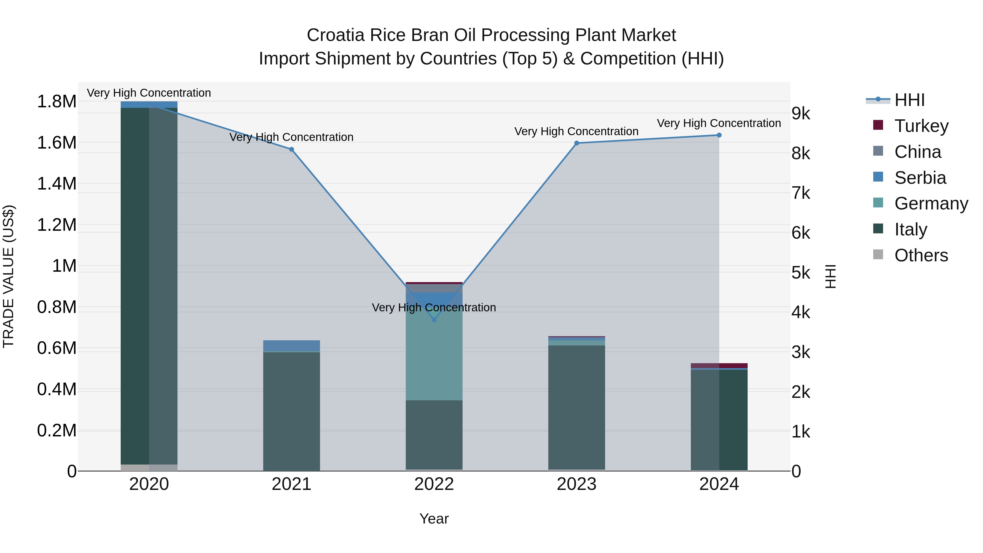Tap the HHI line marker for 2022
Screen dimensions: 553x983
coord(434,320)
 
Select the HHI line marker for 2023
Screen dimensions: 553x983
coord(577,143)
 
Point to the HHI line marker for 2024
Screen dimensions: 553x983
coord(719,135)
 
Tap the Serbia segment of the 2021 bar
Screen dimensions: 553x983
coord(292,345)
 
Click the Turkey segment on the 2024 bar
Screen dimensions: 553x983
coord(719,366)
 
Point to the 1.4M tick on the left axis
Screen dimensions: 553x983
coord(57,184)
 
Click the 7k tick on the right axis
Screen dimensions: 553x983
coord(801,193)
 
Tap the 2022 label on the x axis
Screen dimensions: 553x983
coord(434,484)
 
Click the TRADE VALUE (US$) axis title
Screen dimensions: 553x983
coord(8,276)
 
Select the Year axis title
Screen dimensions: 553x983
coord(434,519)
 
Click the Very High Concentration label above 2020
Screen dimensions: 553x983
coord(149,93)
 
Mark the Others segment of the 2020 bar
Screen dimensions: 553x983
coord(149,468)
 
